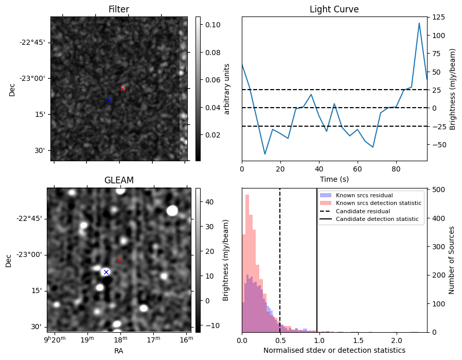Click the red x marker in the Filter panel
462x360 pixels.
122,89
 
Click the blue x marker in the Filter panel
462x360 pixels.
109,100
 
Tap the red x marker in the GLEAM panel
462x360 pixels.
119,260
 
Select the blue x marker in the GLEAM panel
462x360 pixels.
106,272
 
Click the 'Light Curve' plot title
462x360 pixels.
334,9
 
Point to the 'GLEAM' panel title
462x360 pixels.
118,180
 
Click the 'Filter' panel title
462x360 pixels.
118,9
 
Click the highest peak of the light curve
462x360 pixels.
419,23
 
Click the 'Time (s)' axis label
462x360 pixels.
334,178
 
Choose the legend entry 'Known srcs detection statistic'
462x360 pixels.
378,203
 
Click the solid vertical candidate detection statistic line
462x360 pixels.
317,268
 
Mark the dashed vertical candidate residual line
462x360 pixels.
280,268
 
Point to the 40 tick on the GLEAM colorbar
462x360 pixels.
209,202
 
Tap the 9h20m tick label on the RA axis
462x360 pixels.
55,339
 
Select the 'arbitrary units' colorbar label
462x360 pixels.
227,89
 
